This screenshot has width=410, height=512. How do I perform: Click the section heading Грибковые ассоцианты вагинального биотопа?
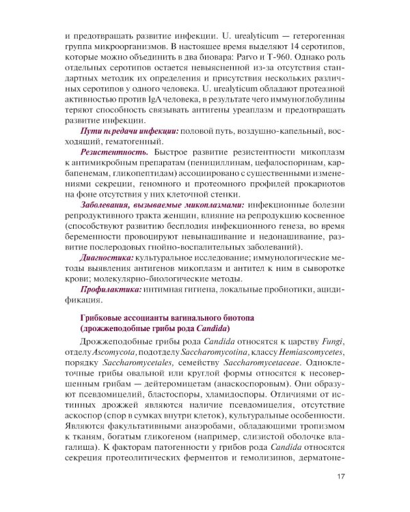[x=167, y=319]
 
